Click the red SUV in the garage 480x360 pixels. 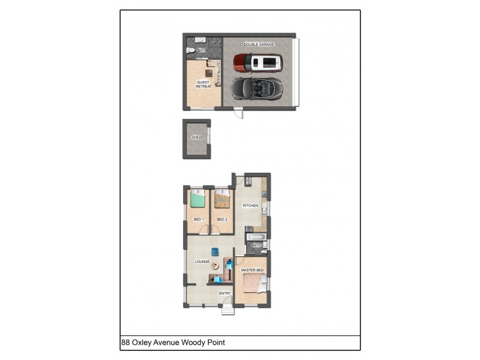pos(257,62)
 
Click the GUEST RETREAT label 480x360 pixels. pos(203,85)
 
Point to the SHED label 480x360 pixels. pos(196,137)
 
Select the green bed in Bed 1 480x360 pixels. pos(197,199)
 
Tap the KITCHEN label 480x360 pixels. pos(250,206)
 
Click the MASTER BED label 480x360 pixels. pos(252,271)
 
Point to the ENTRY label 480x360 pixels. pos(225,293)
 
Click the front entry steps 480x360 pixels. pos(227,310)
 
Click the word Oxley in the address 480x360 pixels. pos(143,343)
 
